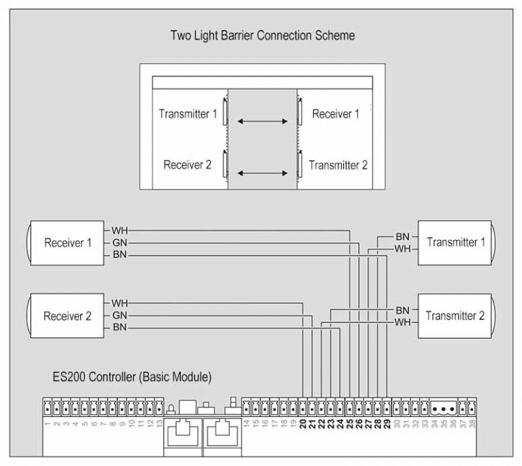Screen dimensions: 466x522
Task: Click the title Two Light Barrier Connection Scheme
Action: pos(262,35)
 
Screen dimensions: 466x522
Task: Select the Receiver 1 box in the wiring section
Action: pos(67,243)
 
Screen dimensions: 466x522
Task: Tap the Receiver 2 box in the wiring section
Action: pos(67,316)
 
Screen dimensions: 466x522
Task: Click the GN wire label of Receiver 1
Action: pos(120,243)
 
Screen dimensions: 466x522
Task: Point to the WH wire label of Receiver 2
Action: pos(120,303)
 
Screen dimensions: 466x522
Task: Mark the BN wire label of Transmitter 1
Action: pos(402,236)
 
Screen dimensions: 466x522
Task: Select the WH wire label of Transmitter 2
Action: pos(402,322)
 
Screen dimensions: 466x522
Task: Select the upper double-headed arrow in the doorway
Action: pos(262,122)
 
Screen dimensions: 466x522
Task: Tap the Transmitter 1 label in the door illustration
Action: pos(188,114)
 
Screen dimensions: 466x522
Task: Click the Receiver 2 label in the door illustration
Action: pos(188,165)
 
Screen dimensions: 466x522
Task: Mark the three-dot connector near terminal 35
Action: pos(443,410)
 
